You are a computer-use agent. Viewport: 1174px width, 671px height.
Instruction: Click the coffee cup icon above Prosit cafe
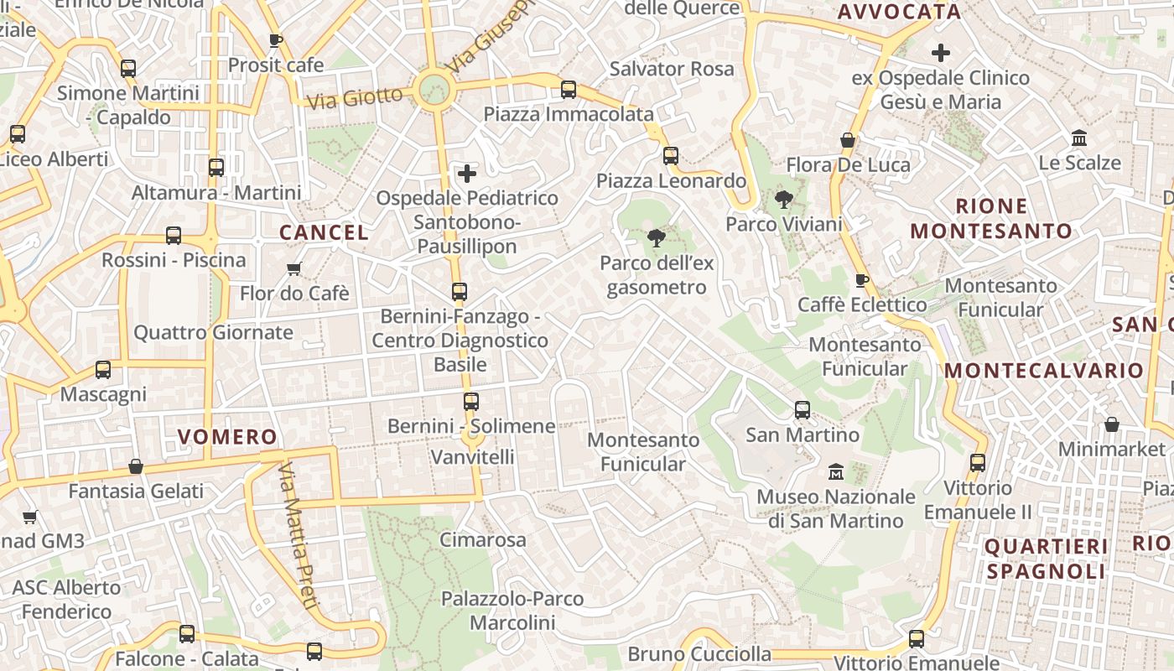click(275, 40)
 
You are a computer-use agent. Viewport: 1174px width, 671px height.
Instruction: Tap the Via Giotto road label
click(355, 97)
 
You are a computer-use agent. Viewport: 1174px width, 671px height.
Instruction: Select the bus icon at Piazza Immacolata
click(569, 90)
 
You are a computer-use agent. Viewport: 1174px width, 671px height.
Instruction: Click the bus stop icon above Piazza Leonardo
click(670, 156)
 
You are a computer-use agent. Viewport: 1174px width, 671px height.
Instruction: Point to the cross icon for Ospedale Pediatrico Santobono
click(467, 174)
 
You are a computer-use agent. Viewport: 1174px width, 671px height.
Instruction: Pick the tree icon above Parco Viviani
click(783, 200)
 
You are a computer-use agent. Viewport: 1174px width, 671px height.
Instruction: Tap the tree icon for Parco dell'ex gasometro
click(657, 238)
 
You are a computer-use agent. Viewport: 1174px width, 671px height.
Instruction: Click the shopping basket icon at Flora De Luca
click(848, 140)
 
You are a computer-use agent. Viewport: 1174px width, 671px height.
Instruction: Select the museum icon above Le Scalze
click(1079, 138)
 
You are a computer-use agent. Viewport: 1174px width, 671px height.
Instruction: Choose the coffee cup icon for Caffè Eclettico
click(861, 280)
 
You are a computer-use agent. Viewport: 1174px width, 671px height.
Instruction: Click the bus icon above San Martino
click(803, 410)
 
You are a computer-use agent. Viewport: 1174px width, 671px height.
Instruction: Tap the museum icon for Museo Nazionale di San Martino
click(835, 472)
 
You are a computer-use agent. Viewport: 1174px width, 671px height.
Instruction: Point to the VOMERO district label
click(227, 436)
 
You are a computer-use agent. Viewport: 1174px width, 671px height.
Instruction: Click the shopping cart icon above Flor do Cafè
click(293, 269)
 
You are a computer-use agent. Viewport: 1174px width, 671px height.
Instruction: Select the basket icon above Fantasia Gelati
click(136, 466)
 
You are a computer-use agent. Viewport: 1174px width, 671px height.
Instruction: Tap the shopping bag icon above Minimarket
click(1111, 424)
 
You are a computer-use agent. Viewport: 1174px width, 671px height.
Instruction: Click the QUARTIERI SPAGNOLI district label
click(1046, 559)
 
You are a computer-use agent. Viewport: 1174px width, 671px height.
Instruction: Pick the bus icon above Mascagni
click(103, 370)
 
